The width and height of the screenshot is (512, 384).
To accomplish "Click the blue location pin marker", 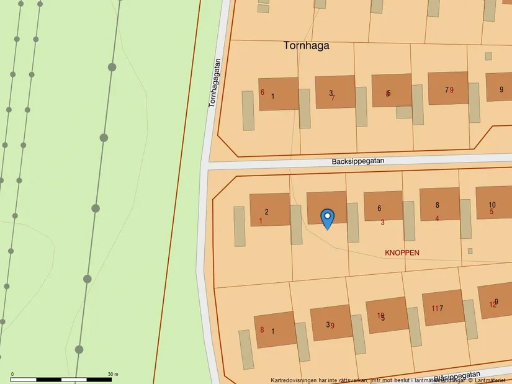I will (x=327, y=218).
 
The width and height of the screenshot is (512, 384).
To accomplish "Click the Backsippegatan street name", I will (x=358, y=161).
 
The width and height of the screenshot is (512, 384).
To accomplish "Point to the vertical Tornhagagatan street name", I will (x=215, y=83).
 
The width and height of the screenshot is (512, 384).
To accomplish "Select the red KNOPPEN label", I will (x=402, y=252).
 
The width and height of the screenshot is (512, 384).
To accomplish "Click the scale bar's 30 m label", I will (x=112, y=374).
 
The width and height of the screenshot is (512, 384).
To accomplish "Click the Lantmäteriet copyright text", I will (x=492, y=380).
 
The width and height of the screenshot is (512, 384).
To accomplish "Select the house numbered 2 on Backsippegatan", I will (x=269, y=210).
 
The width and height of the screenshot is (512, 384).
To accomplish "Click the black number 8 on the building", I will (x=438, y=205).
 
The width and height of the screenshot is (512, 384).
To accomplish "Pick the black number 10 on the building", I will (x=492, y=205).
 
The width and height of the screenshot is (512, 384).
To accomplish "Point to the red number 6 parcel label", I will (x=263, y=92).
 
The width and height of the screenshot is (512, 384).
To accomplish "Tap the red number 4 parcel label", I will (x=438, y=218).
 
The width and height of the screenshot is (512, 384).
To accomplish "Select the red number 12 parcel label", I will (x=493, y=304).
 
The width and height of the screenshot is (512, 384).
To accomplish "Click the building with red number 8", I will (x=273, y=329).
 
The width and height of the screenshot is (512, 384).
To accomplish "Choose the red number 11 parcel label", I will (x=434, y=308).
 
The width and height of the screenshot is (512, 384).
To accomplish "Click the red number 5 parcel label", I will (x=492, y=212).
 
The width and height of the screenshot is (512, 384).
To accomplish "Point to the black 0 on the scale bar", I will (x=12, y=374).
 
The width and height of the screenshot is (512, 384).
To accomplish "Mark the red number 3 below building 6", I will (x=382, y=222).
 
